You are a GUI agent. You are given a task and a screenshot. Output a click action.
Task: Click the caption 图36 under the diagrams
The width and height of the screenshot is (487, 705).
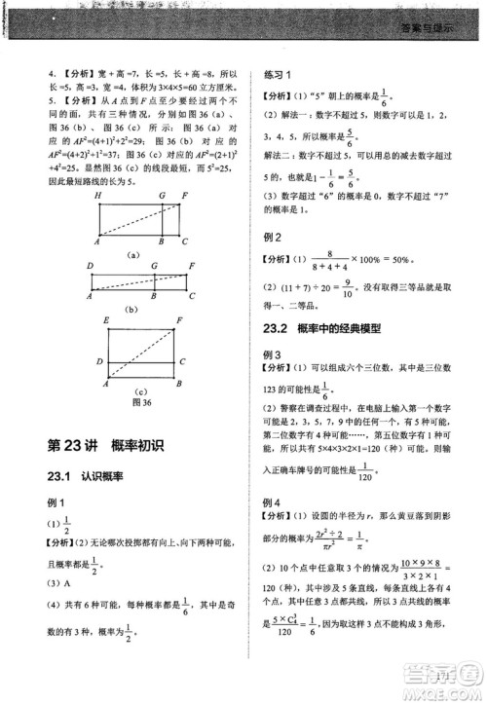pos(141,401)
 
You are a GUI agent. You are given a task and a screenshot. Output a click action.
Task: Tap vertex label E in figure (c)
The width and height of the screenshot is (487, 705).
pos(105,319)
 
